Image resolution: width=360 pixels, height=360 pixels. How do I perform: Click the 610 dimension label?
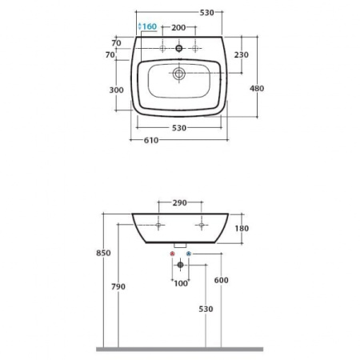pyautogui.click(x=151, y=140)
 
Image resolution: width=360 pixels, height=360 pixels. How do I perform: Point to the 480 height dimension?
pyautogui.click(x=257, y=88)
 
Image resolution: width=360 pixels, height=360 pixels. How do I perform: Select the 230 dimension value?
pyautogui.click(x=242, y=54)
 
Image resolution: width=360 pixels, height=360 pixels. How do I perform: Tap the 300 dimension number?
pyautogui.click(x=116, y=90)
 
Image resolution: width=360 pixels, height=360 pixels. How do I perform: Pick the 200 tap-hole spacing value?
pyautogui.click(x=178, y=27)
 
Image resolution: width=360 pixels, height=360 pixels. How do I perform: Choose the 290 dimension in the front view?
pyautogui.click(x=179, y=203)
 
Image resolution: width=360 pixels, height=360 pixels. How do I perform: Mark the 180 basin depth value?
pyautogui.click(x=242, y=229)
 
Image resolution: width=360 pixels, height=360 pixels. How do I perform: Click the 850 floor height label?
pyautogui.click(x=103, y=253)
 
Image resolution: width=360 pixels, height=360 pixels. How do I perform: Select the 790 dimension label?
pyautogui.click(x=118, y=287)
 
